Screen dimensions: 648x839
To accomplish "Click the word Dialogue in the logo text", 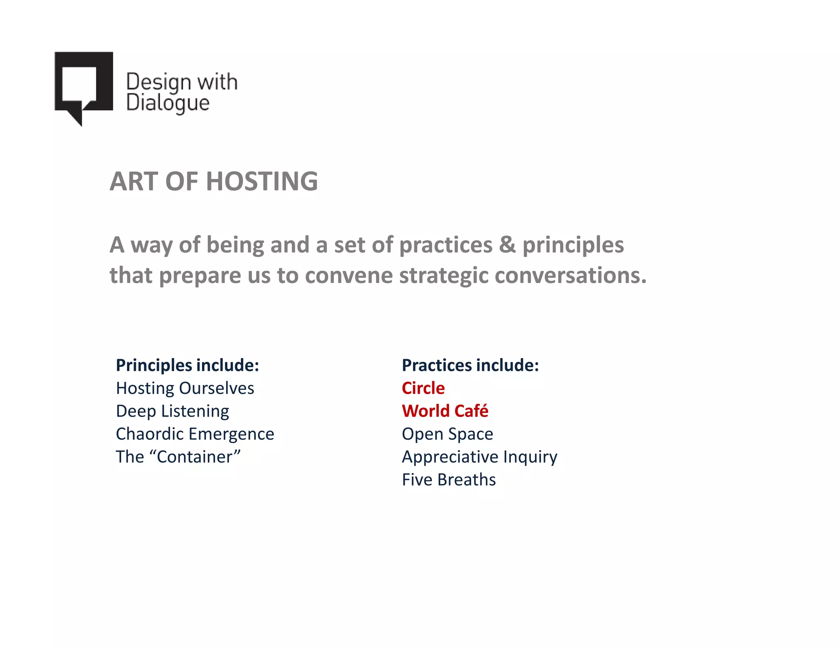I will point(168,103).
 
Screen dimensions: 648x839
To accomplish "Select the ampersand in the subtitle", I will point(507,245).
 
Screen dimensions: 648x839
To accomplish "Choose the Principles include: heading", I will point(187,365).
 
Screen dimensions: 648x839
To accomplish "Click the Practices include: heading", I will point(470,365).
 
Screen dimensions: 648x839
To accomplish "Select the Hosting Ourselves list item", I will point(185,388).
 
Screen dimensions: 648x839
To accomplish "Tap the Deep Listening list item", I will point(172,411).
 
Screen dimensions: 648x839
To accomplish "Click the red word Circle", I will point(423,388).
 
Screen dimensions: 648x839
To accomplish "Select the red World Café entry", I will point(445,411).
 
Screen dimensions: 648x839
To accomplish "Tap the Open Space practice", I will point(447,434).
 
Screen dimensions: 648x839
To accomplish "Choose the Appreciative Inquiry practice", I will point(479,457).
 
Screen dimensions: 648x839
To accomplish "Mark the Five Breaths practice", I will point(449,480).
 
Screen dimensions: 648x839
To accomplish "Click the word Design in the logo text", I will point(159,82).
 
